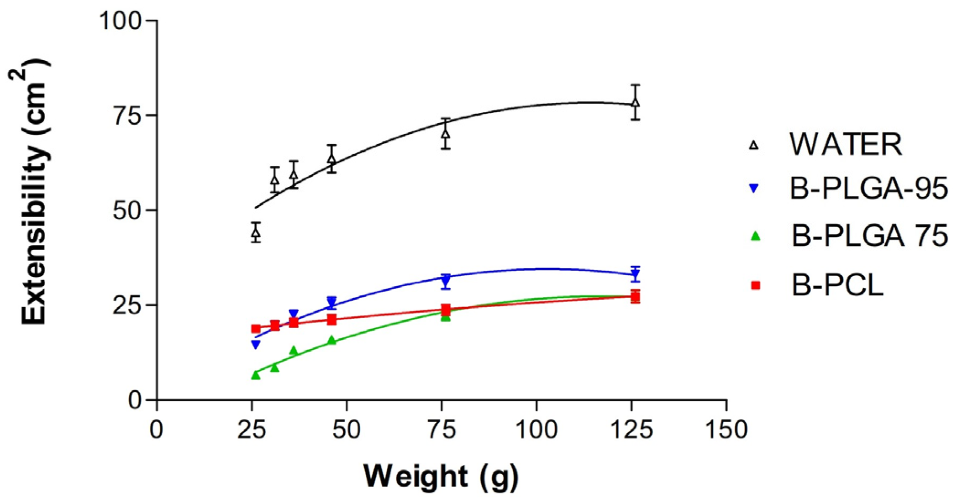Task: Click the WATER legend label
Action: tap(846, 145)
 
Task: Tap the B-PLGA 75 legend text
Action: tap(869, 236)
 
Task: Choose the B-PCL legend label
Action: tap(837, 285)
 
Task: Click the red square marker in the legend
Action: tap(755, 285)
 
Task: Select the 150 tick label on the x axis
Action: tap(726, 430)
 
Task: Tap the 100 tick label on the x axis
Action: tap(536, 430)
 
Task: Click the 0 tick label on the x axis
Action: tap(157, 430)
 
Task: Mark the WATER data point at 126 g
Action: tap(635, 102)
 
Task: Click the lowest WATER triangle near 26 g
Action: tap(256, 233)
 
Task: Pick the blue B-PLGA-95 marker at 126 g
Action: tap(635, 275)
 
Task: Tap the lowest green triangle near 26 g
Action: tap(256, 375)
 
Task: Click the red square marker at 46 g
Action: tap(332, 320)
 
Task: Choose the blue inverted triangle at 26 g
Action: tap(256, 345)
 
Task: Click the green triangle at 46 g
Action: tap(332, 341)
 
